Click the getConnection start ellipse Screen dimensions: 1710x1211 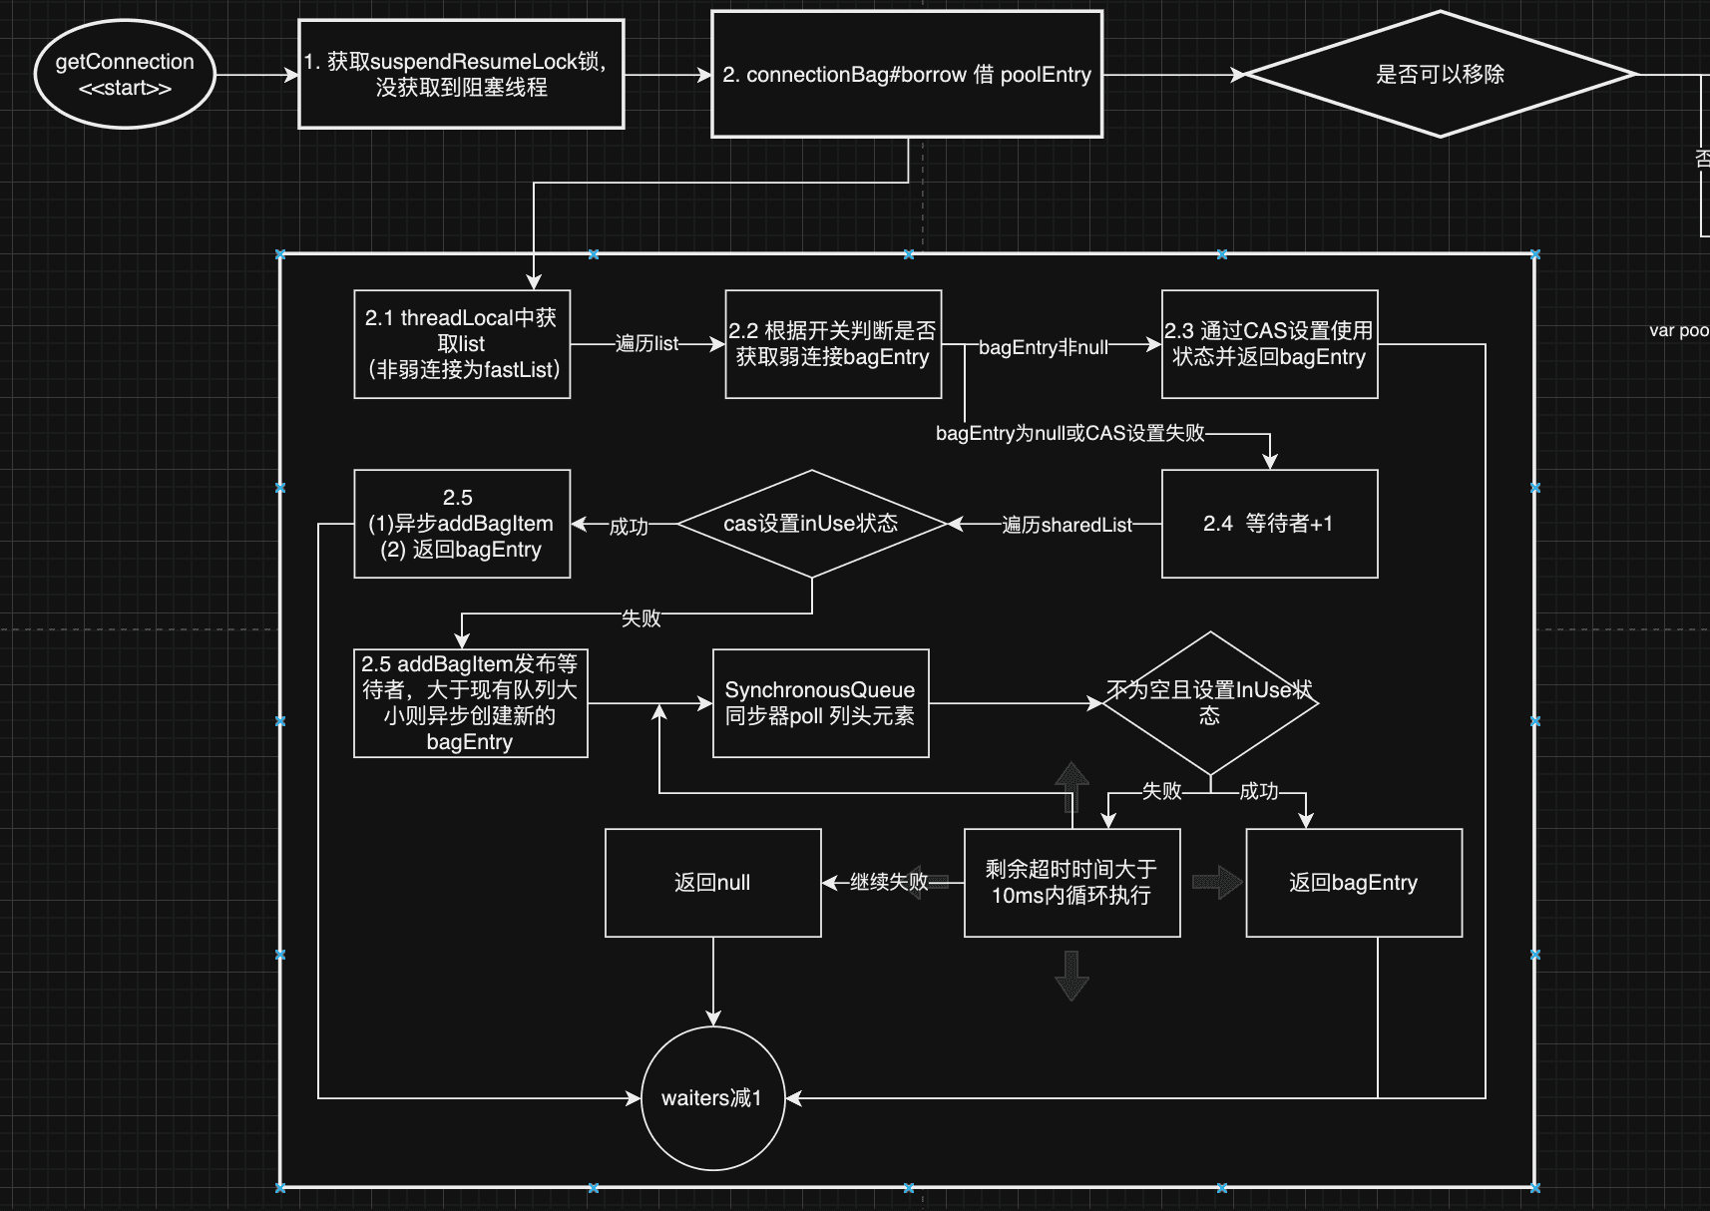125,75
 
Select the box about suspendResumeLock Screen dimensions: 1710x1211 461,74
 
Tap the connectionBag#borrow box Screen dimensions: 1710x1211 907,74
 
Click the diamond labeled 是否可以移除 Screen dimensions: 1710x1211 1440,74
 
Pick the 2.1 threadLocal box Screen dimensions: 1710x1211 462,344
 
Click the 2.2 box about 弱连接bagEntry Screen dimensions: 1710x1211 833,344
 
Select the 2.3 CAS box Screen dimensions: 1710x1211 1269,344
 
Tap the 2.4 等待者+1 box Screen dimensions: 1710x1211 1269,525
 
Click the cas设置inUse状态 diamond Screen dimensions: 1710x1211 812,525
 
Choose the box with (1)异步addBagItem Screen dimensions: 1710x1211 462,525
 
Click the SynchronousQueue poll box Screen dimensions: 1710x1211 821,703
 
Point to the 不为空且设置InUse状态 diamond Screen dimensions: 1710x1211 1210,703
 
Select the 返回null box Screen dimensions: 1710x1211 713,883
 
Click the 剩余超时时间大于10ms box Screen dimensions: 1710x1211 1071,883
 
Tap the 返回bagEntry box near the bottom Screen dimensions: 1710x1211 1354,883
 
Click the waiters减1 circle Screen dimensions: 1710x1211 713,1098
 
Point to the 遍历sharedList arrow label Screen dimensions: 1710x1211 1067,525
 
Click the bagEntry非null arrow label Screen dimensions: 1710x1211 1043,347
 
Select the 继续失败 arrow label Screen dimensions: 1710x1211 889,882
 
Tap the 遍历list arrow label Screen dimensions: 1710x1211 646,343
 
